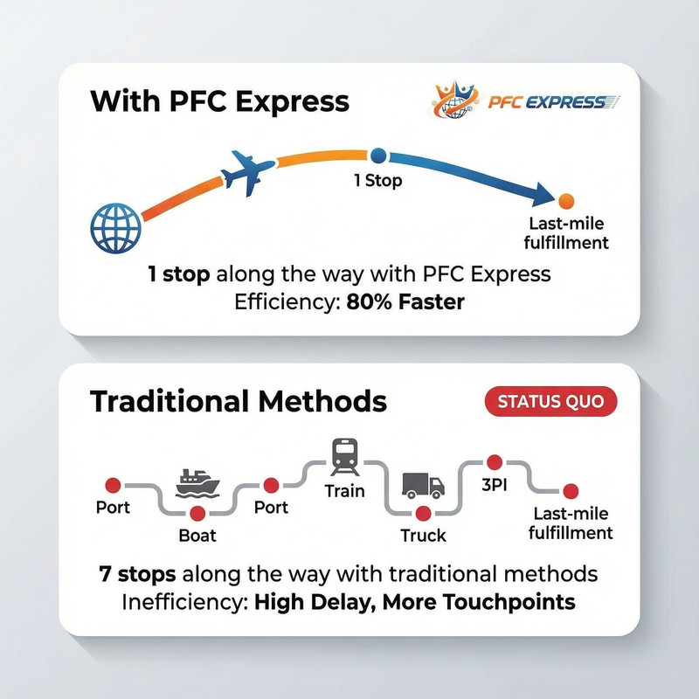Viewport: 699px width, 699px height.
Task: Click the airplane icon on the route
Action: [243, 172]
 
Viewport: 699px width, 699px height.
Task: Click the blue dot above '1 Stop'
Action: [378, 156]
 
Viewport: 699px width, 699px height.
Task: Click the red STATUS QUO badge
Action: [550, 403]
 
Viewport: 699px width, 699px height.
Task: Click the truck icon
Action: [423, 485]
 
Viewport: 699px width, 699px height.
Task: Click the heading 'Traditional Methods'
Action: [238, 402]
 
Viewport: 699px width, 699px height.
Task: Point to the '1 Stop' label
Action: [378, 183]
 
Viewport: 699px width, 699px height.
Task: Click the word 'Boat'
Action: [197, 534]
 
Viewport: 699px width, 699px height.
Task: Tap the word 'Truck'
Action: [423, 535]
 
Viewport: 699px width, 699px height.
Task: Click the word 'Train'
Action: [343, 490]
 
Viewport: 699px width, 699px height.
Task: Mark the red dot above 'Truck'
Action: [424, 513]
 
